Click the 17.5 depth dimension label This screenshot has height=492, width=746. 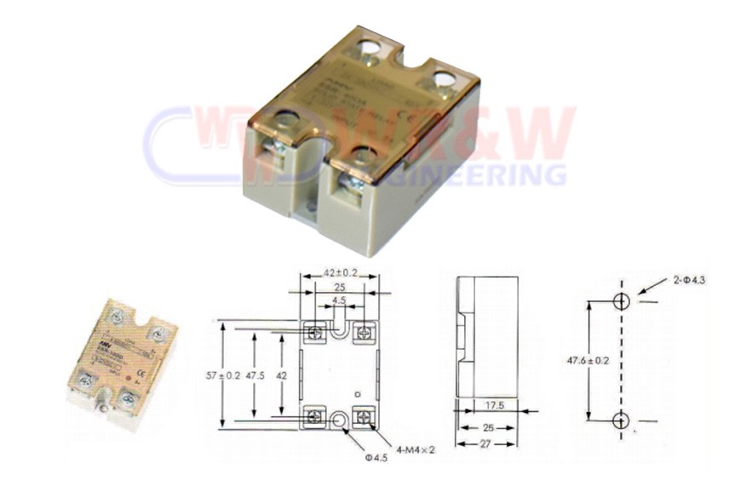(495, 407)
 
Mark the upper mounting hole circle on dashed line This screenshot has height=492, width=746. (622, 301)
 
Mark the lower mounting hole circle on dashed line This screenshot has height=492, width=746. (622, 420)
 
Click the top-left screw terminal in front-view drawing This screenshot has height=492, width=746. (317, 331)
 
